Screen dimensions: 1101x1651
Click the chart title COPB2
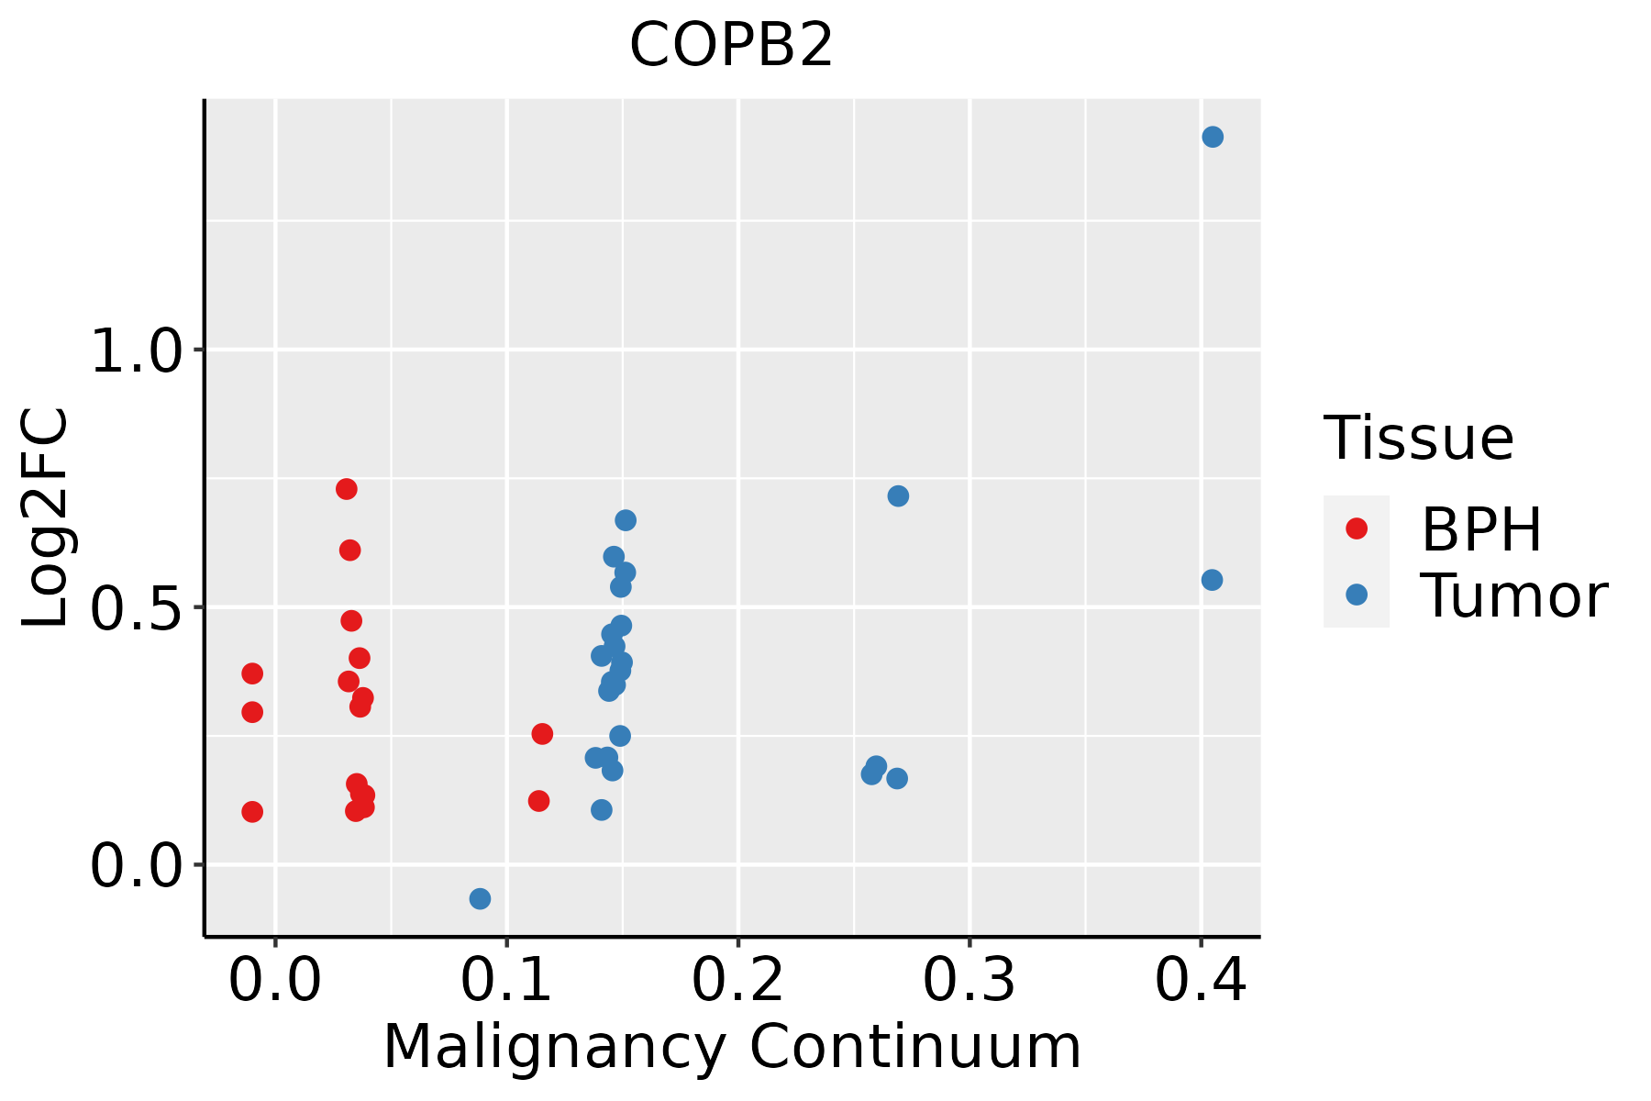tap(731, 45)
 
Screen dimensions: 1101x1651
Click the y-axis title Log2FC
tap(46, 518)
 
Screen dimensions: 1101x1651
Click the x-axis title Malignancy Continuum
tap(731, 1048)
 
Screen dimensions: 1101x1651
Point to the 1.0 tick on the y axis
tap(138, 350)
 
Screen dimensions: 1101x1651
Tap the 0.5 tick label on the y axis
tap(138, 608)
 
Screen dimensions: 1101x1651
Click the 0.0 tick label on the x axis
tap(274, 981)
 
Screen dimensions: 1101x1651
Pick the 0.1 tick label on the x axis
tap(506, 981)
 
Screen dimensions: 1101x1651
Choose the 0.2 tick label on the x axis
tap(737, 981)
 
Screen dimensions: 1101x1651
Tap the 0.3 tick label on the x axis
tap(969, 981)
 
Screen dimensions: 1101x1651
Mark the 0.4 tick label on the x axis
tap(1200, 981)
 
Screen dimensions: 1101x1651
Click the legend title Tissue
tap(1418, 439)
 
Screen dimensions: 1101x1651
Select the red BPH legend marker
tap(1356, 528)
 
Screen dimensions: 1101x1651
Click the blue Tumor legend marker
tap(1356, 595)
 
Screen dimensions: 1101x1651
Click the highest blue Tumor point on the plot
tap(1213, 137)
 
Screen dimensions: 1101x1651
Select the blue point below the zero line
tap(480, 898)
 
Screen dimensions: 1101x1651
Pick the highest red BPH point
tap(346, 489)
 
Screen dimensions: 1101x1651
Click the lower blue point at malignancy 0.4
tap(1212, 580)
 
